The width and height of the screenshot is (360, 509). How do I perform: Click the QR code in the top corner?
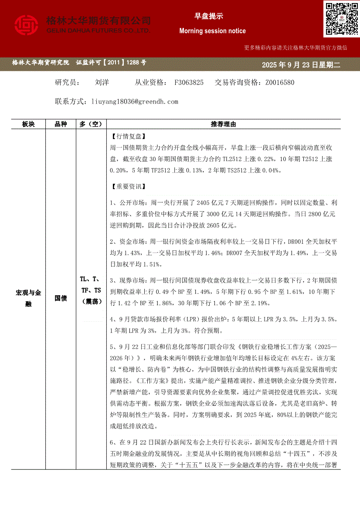click(341, 19)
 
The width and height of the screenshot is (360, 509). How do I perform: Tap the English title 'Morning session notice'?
click(212, 31)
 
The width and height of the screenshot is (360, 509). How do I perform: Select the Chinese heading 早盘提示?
click(208, 16)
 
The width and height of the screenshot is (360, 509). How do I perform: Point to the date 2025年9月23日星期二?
click(300, 65)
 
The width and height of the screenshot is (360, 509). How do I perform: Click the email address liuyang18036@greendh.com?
click(135, 101)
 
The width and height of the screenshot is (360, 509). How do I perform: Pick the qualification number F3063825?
click(189, 82)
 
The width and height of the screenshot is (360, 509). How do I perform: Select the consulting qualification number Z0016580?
click(279, 82)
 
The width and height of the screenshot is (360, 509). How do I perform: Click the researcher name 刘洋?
click(102, 82)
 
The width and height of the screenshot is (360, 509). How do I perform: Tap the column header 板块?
click(28, 125)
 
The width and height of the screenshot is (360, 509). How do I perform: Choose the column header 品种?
click(61, 125)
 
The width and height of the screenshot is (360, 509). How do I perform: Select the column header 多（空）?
click(91, 125)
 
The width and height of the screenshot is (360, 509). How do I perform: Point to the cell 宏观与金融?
click(28, 298)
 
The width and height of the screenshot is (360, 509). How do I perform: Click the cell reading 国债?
click(61, 298)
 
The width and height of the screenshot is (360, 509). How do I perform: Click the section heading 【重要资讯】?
click(128, 186)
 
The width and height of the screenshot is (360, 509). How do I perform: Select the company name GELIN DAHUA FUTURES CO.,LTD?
click(98, 31)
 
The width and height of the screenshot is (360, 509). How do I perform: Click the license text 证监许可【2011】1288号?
click(111, 63)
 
